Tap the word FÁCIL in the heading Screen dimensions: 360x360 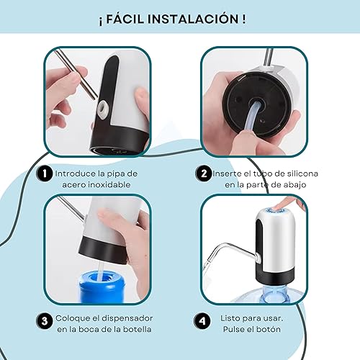point(125,19)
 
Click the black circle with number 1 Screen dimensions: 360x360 point(45,174)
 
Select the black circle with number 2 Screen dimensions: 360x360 point(204,174)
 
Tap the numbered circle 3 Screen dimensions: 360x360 point(45,321)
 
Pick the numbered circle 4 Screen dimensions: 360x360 point(202,321)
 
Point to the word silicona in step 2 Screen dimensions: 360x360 point(302,174)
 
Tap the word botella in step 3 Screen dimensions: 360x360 point(137,329)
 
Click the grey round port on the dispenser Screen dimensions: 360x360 point(104,107)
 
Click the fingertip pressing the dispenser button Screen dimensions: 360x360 point(279,206)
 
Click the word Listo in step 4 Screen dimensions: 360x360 point(230,318)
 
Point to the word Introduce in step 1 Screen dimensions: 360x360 point(76,174)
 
